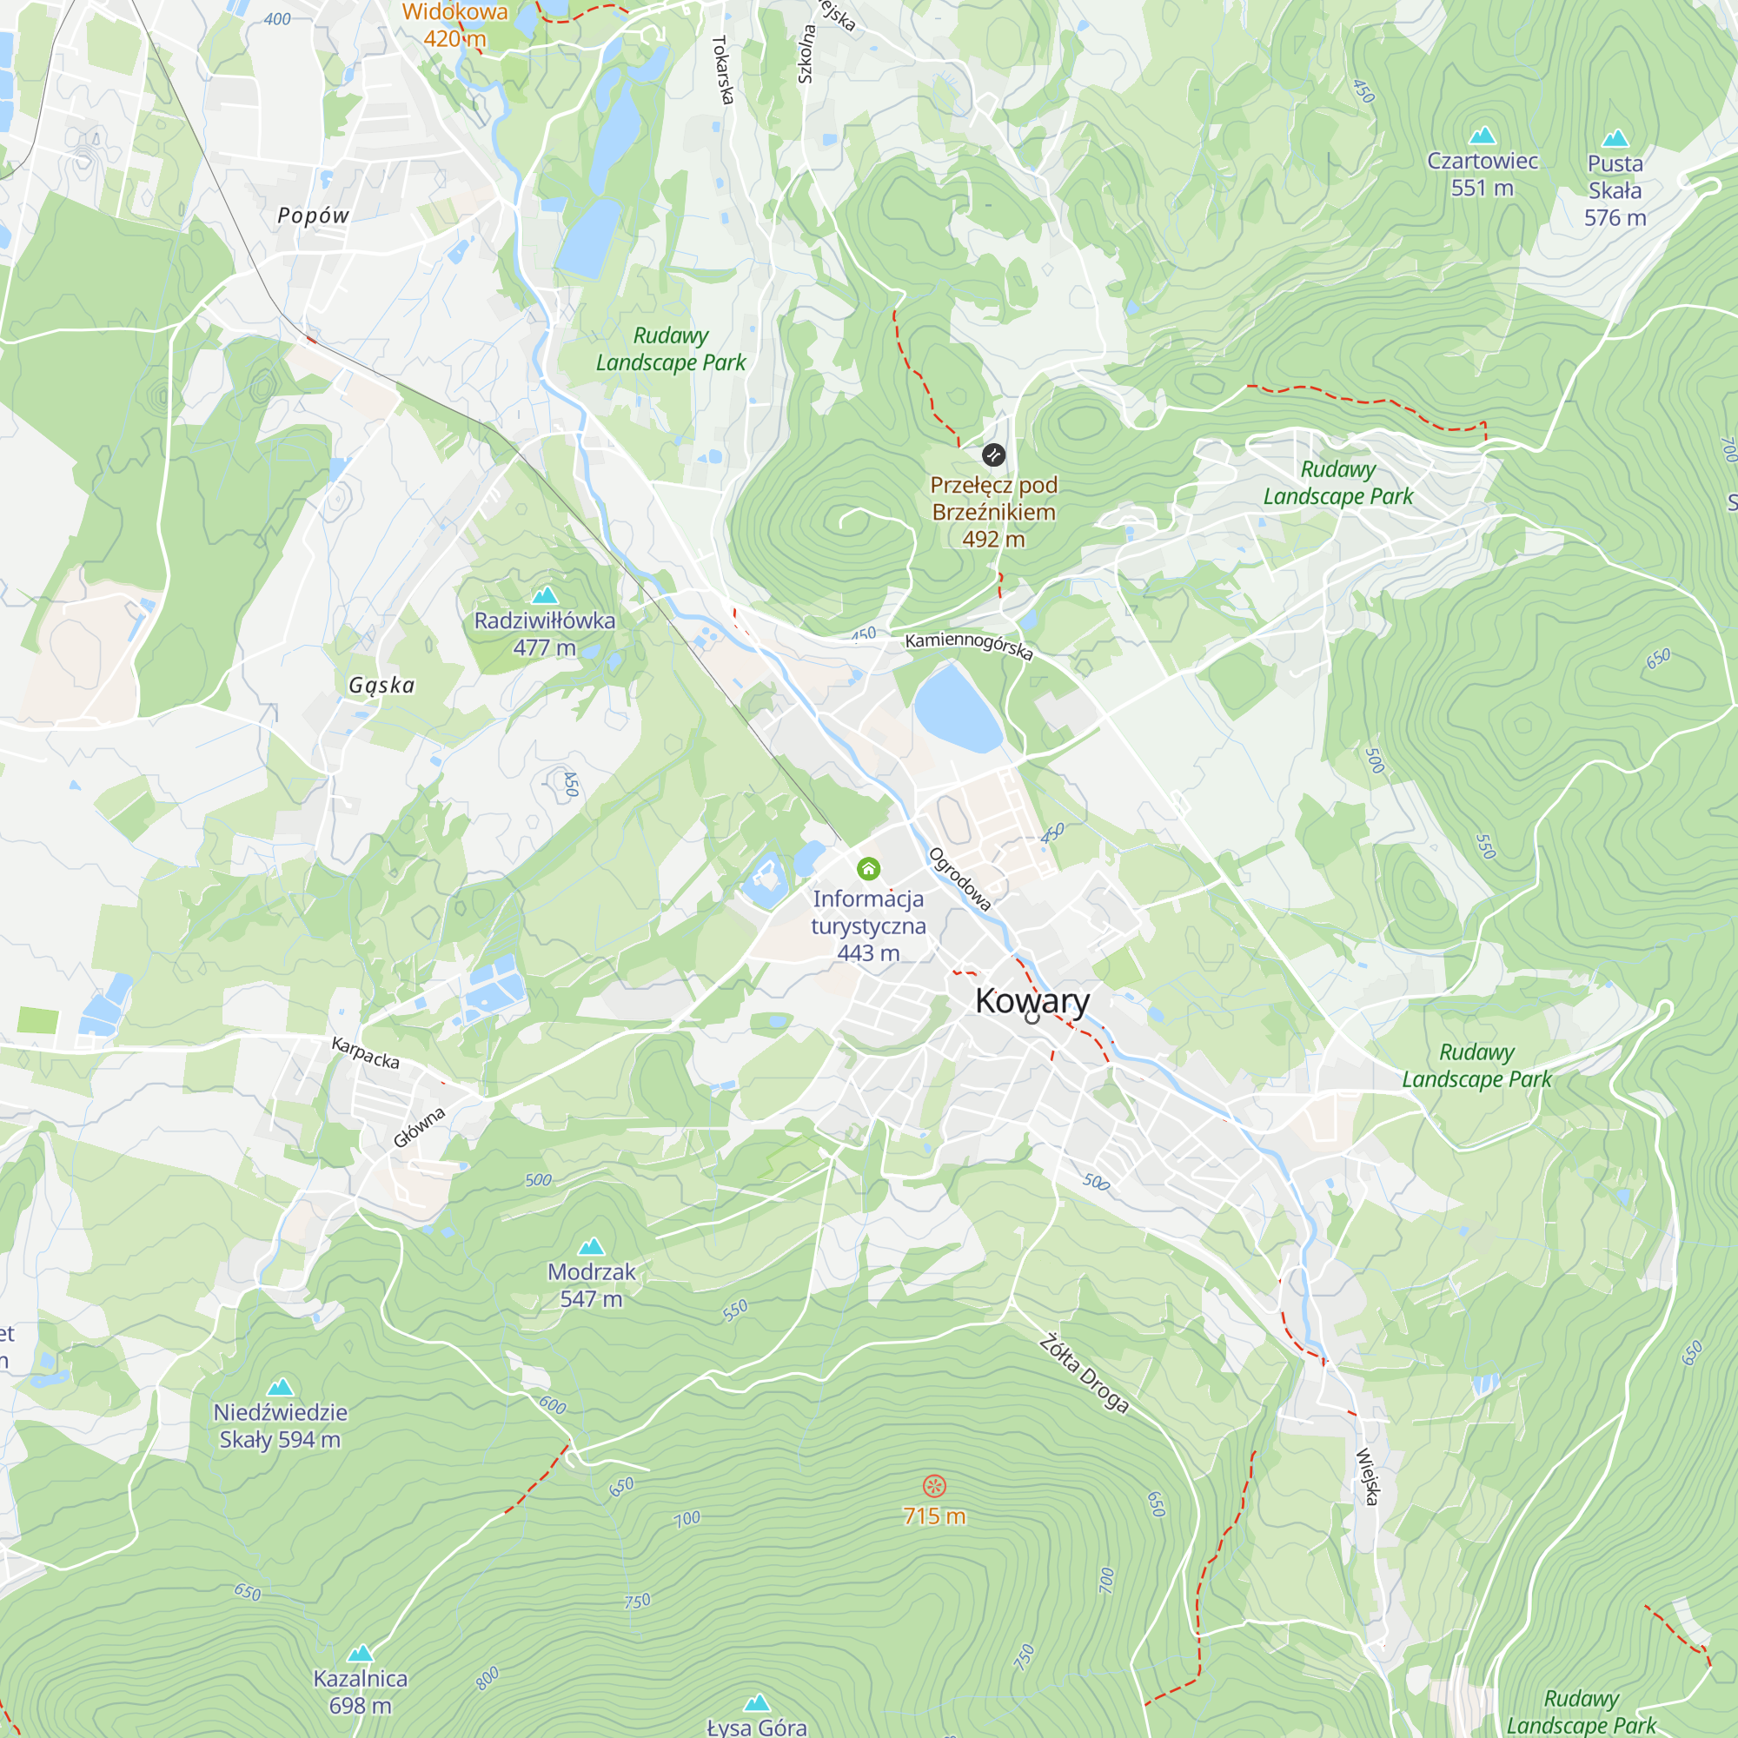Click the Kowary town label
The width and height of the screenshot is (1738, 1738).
pyautogui.click(x=1032, y=1000)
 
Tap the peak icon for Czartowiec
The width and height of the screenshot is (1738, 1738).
pyautogui.click(x=1482, y=136)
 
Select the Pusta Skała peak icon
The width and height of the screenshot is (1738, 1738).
pyautogui.click(x=1615, y=138)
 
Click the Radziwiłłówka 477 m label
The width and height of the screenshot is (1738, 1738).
pyautogui.click(x=544, y=634)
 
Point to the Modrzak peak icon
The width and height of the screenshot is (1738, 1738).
pyautogui.click(x=591, y=1247)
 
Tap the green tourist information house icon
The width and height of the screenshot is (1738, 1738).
pyautogui.click(x=868, y=868)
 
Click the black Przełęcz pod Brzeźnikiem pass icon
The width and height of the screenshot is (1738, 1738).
pyautogui.click(x=993, y=455)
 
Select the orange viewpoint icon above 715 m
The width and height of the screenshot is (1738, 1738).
pyautogui.click(x=935, y=1485)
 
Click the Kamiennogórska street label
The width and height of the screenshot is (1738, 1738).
pyautogui.click(x=969, y=645)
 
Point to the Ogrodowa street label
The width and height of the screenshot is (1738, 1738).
pyautogui.click(x=960, y=879)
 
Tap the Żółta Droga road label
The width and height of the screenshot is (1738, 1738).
pyautogui.click(x=1084, y=1374)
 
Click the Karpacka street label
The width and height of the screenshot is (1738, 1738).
pyautogui.click(x=365, y=1052)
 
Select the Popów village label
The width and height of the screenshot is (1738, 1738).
pyautogui.click(x=313, y=216)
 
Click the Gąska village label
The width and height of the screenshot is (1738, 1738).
pyautogui.click(x=382, y=686)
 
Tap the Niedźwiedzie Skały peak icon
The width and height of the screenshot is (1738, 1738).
pyautogui.click(x=281, y=1387)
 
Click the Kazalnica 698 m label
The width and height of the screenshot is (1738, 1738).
pyautogui.click(x=360, y=1691)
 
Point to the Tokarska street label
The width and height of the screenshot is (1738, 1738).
pyautogui.click(x=721, y=70)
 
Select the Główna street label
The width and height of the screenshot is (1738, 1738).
pyautogui.click(x=419, y=1128)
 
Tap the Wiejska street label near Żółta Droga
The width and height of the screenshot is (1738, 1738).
pyautogui.click(x=1367, y=1476)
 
